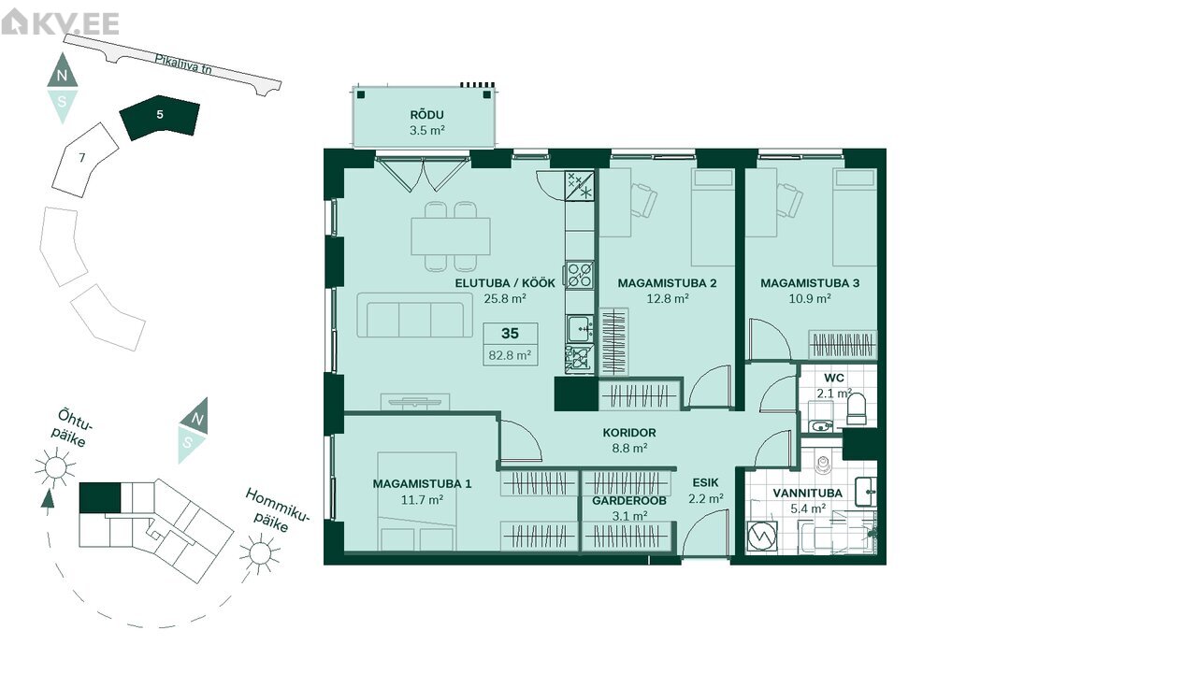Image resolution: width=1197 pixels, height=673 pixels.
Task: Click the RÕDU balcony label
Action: [x=426, y=115]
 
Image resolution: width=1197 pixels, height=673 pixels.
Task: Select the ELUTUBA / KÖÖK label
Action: [x=505, y=283]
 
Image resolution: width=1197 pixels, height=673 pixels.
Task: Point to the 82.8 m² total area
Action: [x=510, y=354]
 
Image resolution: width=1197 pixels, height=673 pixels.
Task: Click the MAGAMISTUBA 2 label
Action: [x=667, y=283]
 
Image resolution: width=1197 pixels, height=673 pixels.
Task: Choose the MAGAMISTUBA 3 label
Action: [x=810, y=283]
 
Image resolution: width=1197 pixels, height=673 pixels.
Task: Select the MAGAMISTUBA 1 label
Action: [x=422, y=484]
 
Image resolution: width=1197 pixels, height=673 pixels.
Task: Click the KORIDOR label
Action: [x=629, y=433]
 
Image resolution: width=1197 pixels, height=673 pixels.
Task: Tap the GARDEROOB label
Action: [x=629, y=501]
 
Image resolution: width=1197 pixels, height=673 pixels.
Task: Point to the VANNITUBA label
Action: [x=807, y=493]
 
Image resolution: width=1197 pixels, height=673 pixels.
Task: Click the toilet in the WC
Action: [x=857, y=409]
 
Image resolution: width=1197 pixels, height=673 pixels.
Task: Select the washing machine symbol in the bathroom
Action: [x=761, y=536]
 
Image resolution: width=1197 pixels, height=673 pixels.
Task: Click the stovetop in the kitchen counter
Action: [x=580, y=275]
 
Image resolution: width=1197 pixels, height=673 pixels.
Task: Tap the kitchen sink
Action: [x=580, y=328]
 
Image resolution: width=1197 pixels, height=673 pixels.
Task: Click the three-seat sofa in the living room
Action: [x=414, y=315]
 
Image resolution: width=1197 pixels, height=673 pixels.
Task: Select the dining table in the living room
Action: [x=451, y=236]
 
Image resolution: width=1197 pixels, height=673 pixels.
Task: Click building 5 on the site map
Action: [x=159, y=117]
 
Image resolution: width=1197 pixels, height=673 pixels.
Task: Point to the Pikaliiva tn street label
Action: [x=183, y=64]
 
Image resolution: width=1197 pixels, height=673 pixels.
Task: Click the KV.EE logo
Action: [x=60, y=22]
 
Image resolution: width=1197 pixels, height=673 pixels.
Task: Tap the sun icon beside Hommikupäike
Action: [x=260, y=552]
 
